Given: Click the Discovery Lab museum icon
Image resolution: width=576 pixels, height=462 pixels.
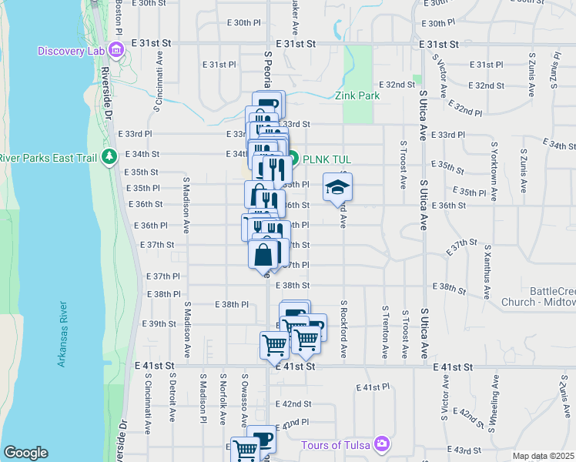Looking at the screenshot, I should (116, 51).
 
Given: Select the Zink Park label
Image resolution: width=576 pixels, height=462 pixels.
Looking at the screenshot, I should (357, 96).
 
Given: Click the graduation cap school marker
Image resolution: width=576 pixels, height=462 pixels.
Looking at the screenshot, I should (337, 187).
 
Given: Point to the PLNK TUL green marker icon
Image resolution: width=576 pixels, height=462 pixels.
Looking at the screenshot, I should (293, 159).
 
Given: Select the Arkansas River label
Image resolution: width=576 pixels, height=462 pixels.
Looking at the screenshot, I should (63, 334).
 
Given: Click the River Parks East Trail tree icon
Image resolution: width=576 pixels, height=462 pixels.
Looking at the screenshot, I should (109, 158).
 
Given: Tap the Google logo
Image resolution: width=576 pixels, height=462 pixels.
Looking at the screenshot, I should (25, 453).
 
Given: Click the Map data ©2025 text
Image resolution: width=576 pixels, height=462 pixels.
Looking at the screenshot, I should (543, 456).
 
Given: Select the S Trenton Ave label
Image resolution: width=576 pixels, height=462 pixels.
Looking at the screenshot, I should (384, 333).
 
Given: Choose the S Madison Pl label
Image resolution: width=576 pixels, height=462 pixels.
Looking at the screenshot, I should (203, 399).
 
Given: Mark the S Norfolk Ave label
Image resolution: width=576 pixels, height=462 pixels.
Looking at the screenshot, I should (223, 399).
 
